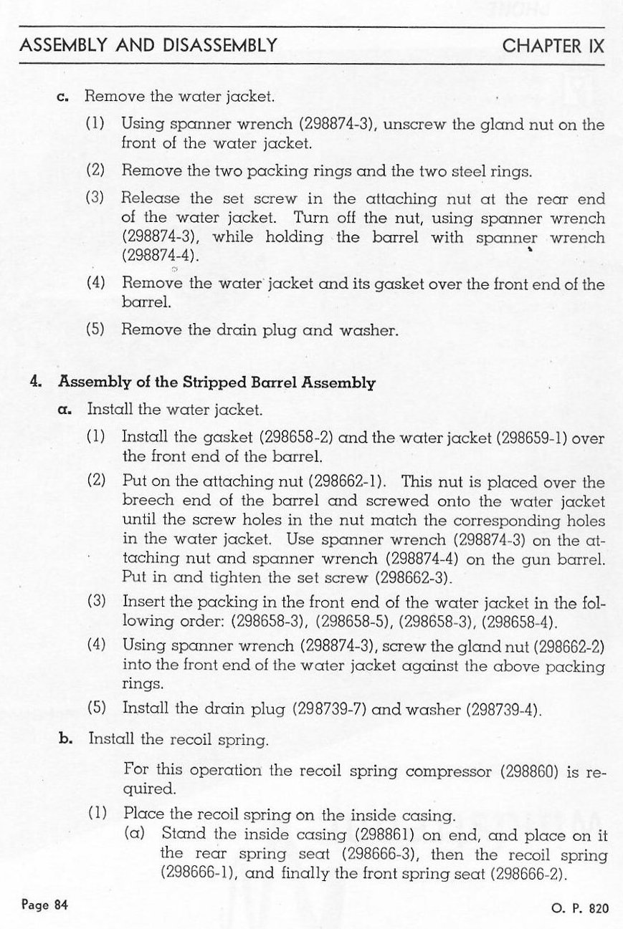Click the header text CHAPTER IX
click(x=553, y=47)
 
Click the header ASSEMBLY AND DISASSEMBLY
click(x=148, y=47)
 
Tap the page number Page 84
click(x=44, y=905)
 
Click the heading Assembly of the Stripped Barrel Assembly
click(x=217, y=382)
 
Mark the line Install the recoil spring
click(x=178, y=738)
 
